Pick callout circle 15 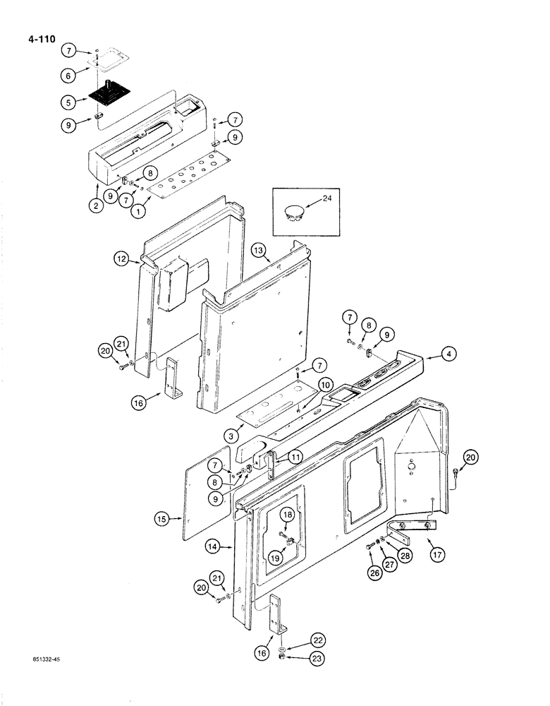(164, 520)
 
